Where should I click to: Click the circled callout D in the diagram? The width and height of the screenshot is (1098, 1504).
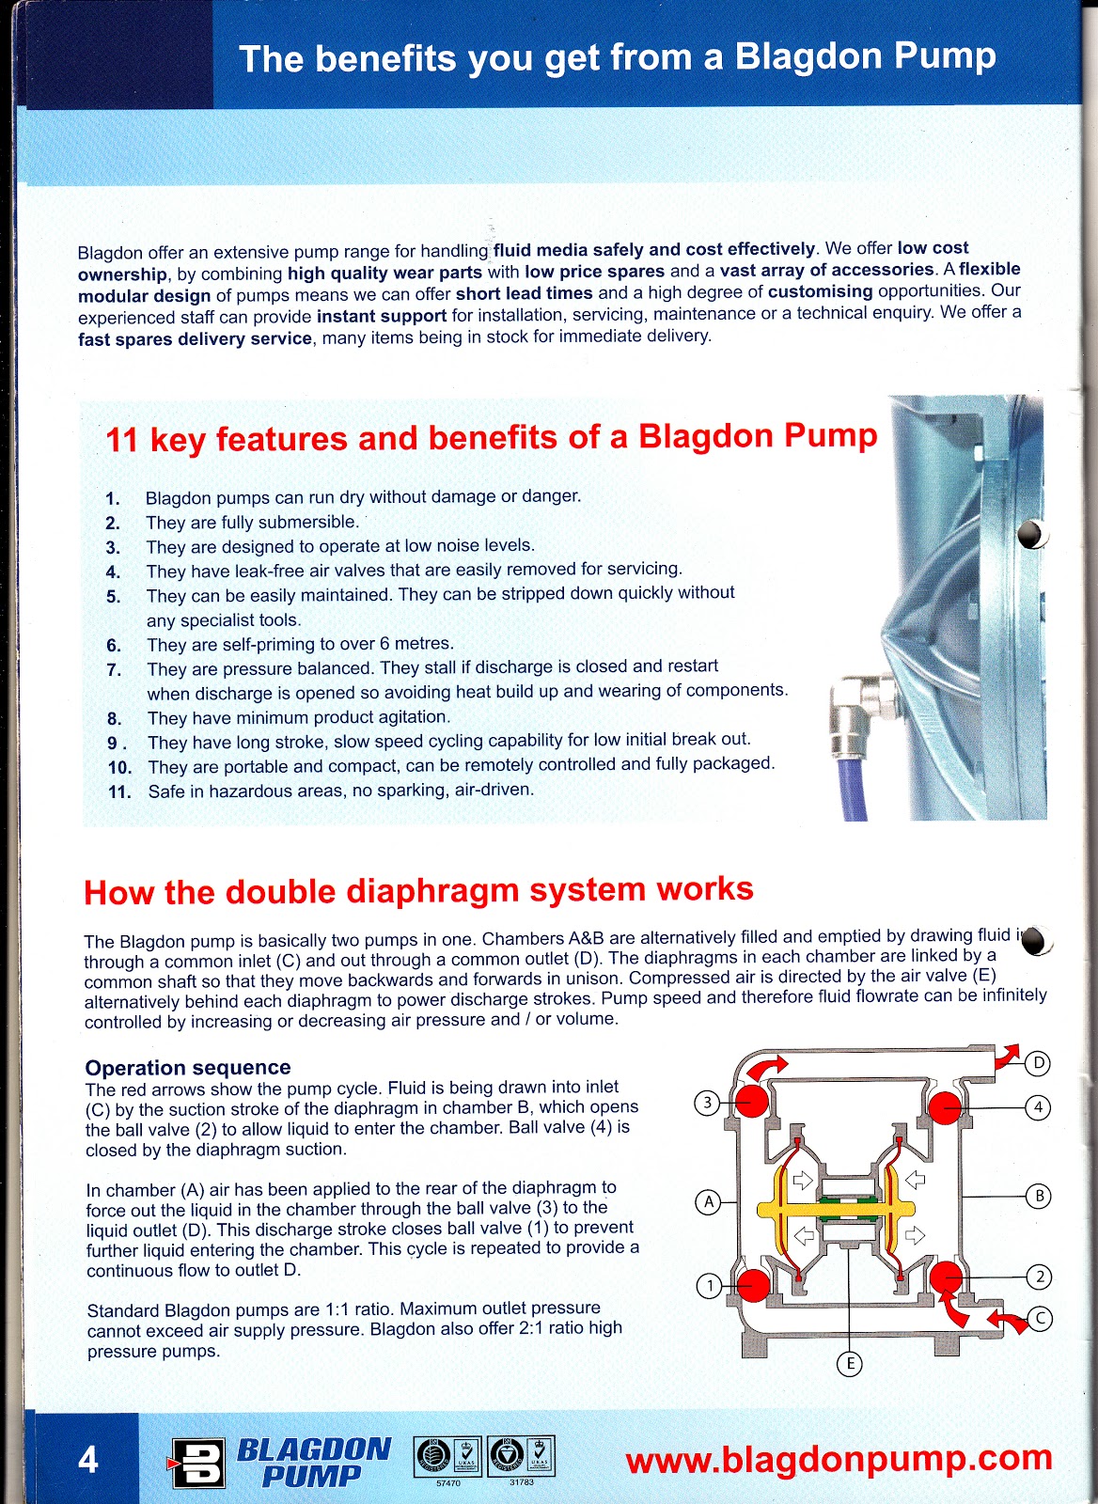click(x=1037, y=1063)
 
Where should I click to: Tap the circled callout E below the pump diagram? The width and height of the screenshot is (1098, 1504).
click(x=849, y=1364)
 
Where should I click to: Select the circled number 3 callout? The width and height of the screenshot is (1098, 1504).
click(x=708, y=1103)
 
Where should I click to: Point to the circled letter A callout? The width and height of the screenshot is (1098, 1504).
click(x=708, y=1201)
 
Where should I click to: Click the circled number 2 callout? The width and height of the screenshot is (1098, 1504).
click(x=1039, y=1277)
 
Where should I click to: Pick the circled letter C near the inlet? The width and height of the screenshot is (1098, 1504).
click(x=1040, y=1319)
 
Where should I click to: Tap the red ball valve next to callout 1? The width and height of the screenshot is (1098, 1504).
click(x=752, y=1284)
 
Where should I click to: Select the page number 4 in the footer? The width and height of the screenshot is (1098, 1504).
click(x=87, y=1460)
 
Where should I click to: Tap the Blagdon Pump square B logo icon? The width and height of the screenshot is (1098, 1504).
click(x=198, y=1464)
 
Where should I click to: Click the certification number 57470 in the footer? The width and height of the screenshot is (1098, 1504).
click(x=448, y=1483)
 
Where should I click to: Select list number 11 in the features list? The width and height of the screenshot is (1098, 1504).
click(x=119, y=792)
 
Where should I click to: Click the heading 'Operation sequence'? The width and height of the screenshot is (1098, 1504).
click(x=188, y=1068)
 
